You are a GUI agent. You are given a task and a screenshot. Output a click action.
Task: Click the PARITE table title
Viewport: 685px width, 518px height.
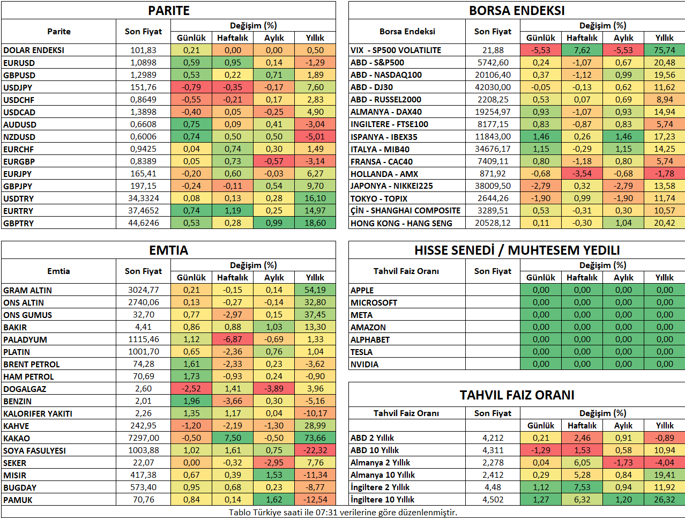168,11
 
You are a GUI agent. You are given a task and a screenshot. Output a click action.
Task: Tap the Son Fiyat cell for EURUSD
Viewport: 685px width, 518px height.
143,62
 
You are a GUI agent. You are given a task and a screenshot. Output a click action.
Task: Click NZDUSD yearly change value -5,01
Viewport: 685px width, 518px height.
315,137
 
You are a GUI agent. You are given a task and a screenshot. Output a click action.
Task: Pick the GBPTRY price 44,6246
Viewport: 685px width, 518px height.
143,223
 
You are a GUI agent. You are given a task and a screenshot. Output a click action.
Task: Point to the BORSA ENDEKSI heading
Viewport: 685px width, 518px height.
517,11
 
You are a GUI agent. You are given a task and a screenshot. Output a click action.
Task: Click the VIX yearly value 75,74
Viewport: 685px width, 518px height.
665,50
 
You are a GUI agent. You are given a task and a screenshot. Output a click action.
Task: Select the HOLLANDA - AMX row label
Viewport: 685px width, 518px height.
384,174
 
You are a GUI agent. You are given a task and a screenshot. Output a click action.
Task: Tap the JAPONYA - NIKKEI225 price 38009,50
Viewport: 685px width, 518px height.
493,186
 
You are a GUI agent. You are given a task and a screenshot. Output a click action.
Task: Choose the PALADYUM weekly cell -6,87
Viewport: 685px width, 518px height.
233,339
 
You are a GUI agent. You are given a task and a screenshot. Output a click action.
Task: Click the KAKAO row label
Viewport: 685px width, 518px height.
17,439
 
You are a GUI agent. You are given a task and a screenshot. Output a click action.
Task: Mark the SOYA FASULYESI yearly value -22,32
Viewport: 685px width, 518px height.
315,450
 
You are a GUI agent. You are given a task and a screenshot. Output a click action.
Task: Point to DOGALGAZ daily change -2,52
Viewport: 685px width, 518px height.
191,389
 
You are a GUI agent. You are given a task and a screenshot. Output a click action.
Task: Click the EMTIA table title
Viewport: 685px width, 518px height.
168,250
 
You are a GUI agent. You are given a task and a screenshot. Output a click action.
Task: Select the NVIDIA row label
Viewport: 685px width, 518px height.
364,365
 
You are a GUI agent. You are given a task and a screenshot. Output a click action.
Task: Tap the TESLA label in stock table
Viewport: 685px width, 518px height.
361,352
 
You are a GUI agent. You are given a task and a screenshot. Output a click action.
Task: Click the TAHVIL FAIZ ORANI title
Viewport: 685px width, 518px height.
517,395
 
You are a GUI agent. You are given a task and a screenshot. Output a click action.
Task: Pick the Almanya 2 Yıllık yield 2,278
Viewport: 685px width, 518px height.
493,463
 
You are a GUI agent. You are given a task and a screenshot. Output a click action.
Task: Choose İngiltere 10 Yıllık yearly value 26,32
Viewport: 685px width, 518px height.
665,500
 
